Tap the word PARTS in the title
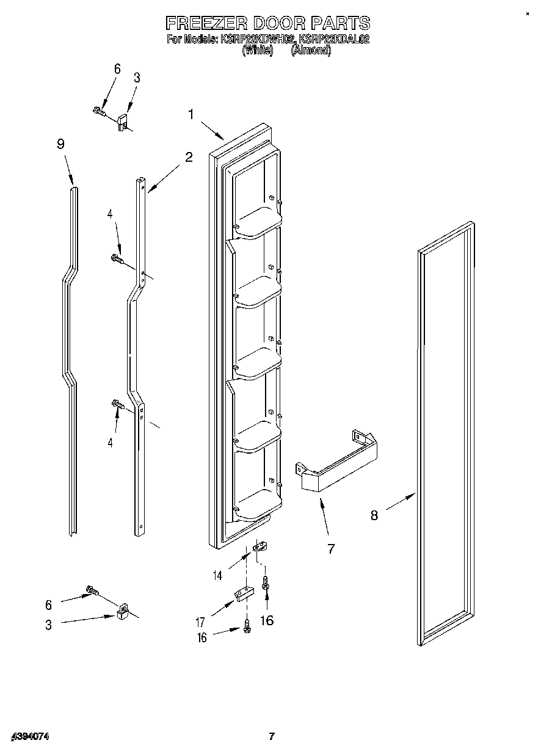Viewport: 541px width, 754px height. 340,23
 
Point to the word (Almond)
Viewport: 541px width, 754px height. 311,51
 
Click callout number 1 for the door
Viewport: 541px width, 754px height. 191,114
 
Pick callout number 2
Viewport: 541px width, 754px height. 189,157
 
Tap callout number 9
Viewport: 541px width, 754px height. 60,144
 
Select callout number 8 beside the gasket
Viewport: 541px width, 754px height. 374,515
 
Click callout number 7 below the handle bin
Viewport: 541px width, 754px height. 331,548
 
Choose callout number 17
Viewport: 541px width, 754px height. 200,623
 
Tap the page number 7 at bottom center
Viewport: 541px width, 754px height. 272,737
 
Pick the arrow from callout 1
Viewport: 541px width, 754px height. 211,129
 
